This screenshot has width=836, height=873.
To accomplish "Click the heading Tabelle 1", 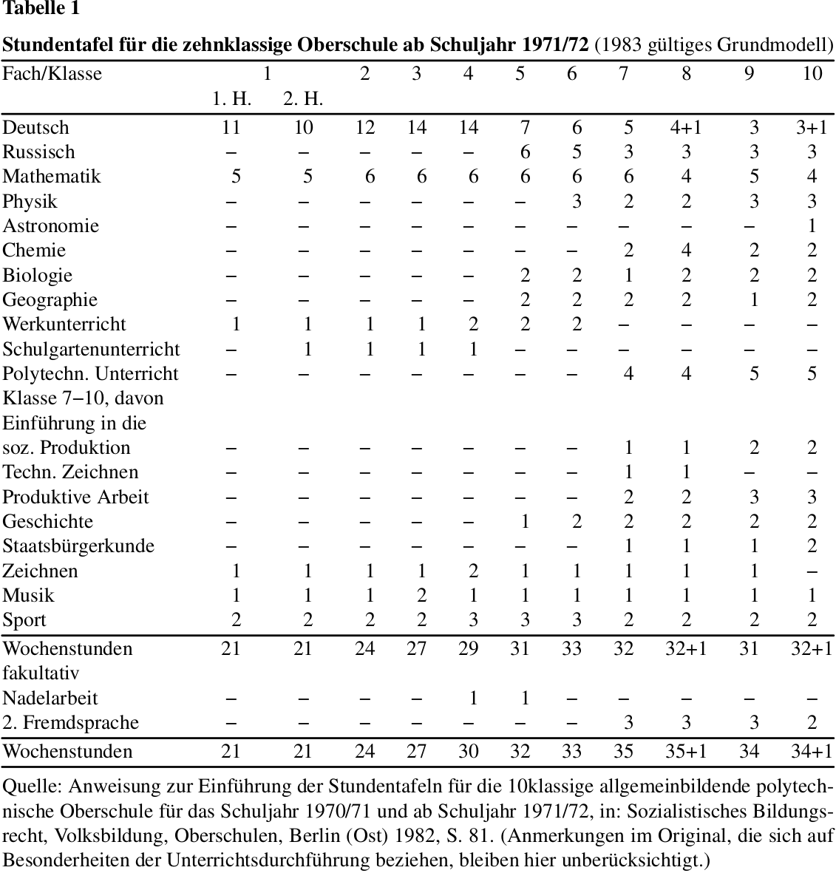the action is click(41, 8).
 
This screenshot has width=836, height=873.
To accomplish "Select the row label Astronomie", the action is click(51, 225).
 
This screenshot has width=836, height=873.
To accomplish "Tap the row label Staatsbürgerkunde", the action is click(78, 546).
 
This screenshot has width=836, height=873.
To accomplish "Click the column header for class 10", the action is click(812, 73).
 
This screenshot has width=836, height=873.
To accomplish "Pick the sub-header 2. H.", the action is click(303, 99).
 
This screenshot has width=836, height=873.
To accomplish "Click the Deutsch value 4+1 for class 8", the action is click(686, 127).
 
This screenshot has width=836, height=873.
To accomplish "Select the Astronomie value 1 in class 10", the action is click(812, 225).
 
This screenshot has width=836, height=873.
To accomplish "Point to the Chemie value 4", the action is click(686, 250).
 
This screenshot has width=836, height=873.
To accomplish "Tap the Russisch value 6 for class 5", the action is click(524, 152).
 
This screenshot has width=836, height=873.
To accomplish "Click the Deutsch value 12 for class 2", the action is click(365, 127).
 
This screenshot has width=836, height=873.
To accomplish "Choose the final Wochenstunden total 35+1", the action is click(686, 751).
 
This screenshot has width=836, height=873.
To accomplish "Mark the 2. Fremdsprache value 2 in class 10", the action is click(812, 722).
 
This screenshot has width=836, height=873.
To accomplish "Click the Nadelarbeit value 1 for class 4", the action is click(473, 698).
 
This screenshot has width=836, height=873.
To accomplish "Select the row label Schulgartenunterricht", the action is click(91, 349).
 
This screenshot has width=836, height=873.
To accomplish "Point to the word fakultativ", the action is click(41, 673).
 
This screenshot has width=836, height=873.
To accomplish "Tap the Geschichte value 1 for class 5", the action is click(524, 521).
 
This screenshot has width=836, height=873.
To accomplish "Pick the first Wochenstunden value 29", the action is click(468, 648).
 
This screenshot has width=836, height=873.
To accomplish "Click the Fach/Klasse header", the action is click(52, 73).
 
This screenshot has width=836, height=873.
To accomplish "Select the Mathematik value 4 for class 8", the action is click(686, 177).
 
